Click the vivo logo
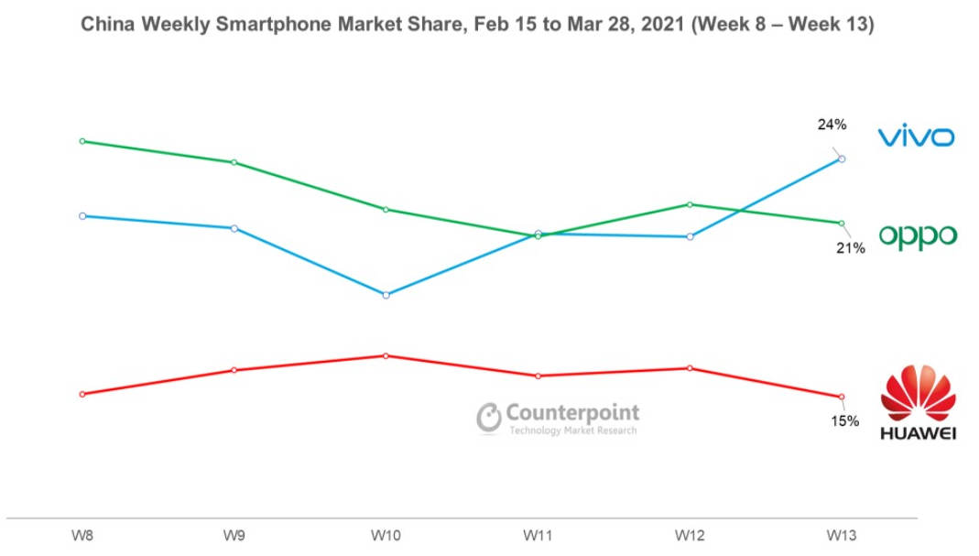point(916,137)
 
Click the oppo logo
point(918,236)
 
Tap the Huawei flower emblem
point(918,393)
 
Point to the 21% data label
point(850,247)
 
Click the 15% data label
point(844,421)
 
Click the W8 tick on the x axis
point(82,534)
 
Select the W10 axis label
point(386,534)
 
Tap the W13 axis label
point(842,534)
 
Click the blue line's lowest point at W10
point(386,295)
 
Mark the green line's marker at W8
point(82,141)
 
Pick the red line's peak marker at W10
point(386,355)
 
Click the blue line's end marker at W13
point(842,158)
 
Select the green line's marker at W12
point(690,204)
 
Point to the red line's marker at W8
point(82,394)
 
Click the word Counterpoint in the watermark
point(572,413)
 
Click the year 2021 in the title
point(654,25)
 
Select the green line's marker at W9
point(234,162)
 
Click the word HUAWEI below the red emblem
point(918,432)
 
